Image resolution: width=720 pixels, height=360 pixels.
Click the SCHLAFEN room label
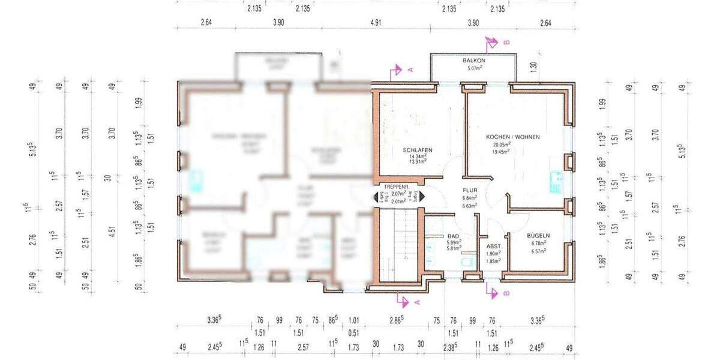(418, 150)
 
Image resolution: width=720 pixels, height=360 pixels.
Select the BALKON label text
(473, 61)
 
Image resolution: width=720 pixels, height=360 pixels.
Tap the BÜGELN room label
(538, 236)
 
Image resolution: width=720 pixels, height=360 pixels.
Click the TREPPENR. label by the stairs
(396, 187)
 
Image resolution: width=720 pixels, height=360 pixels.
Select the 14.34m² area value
(418, 157)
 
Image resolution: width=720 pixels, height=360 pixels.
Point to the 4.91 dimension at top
(376, 23)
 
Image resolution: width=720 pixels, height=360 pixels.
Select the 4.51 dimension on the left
(111, 232)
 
